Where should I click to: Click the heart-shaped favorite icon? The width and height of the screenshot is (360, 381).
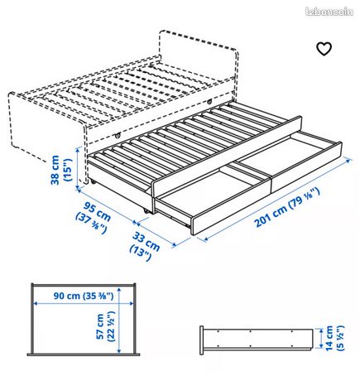(x=324, y=49)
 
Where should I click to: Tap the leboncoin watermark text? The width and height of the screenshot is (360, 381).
(x=329, y=12)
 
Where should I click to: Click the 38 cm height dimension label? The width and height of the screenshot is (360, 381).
(x=55, y=170)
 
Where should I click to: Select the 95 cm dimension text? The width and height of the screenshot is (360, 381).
(x=97, y=212)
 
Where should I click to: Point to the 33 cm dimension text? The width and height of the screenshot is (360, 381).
(x=146, y=242)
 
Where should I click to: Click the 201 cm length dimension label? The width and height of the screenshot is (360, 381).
(x=271, y=216)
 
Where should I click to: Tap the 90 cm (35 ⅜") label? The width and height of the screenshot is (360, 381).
(x=84, y=296)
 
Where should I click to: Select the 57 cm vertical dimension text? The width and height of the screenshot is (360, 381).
(x=100, y=326)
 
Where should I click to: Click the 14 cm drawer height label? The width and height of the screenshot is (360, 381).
(x=329, y=338)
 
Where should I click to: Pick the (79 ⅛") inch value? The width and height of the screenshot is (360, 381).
(x=305, y=198)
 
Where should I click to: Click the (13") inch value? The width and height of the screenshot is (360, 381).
(x=141, y=253)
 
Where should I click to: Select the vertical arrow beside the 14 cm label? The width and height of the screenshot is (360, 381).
(x=320, y=338)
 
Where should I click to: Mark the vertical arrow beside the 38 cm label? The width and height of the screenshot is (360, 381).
(x=78, y=169)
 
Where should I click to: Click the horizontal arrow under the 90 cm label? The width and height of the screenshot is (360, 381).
(x=84, y=303)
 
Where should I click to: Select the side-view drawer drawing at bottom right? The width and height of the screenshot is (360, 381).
(x=257, y=340)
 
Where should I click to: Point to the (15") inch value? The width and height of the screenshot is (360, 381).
(x=67, y=170)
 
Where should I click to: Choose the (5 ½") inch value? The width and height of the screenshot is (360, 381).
(x=340, y=338)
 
